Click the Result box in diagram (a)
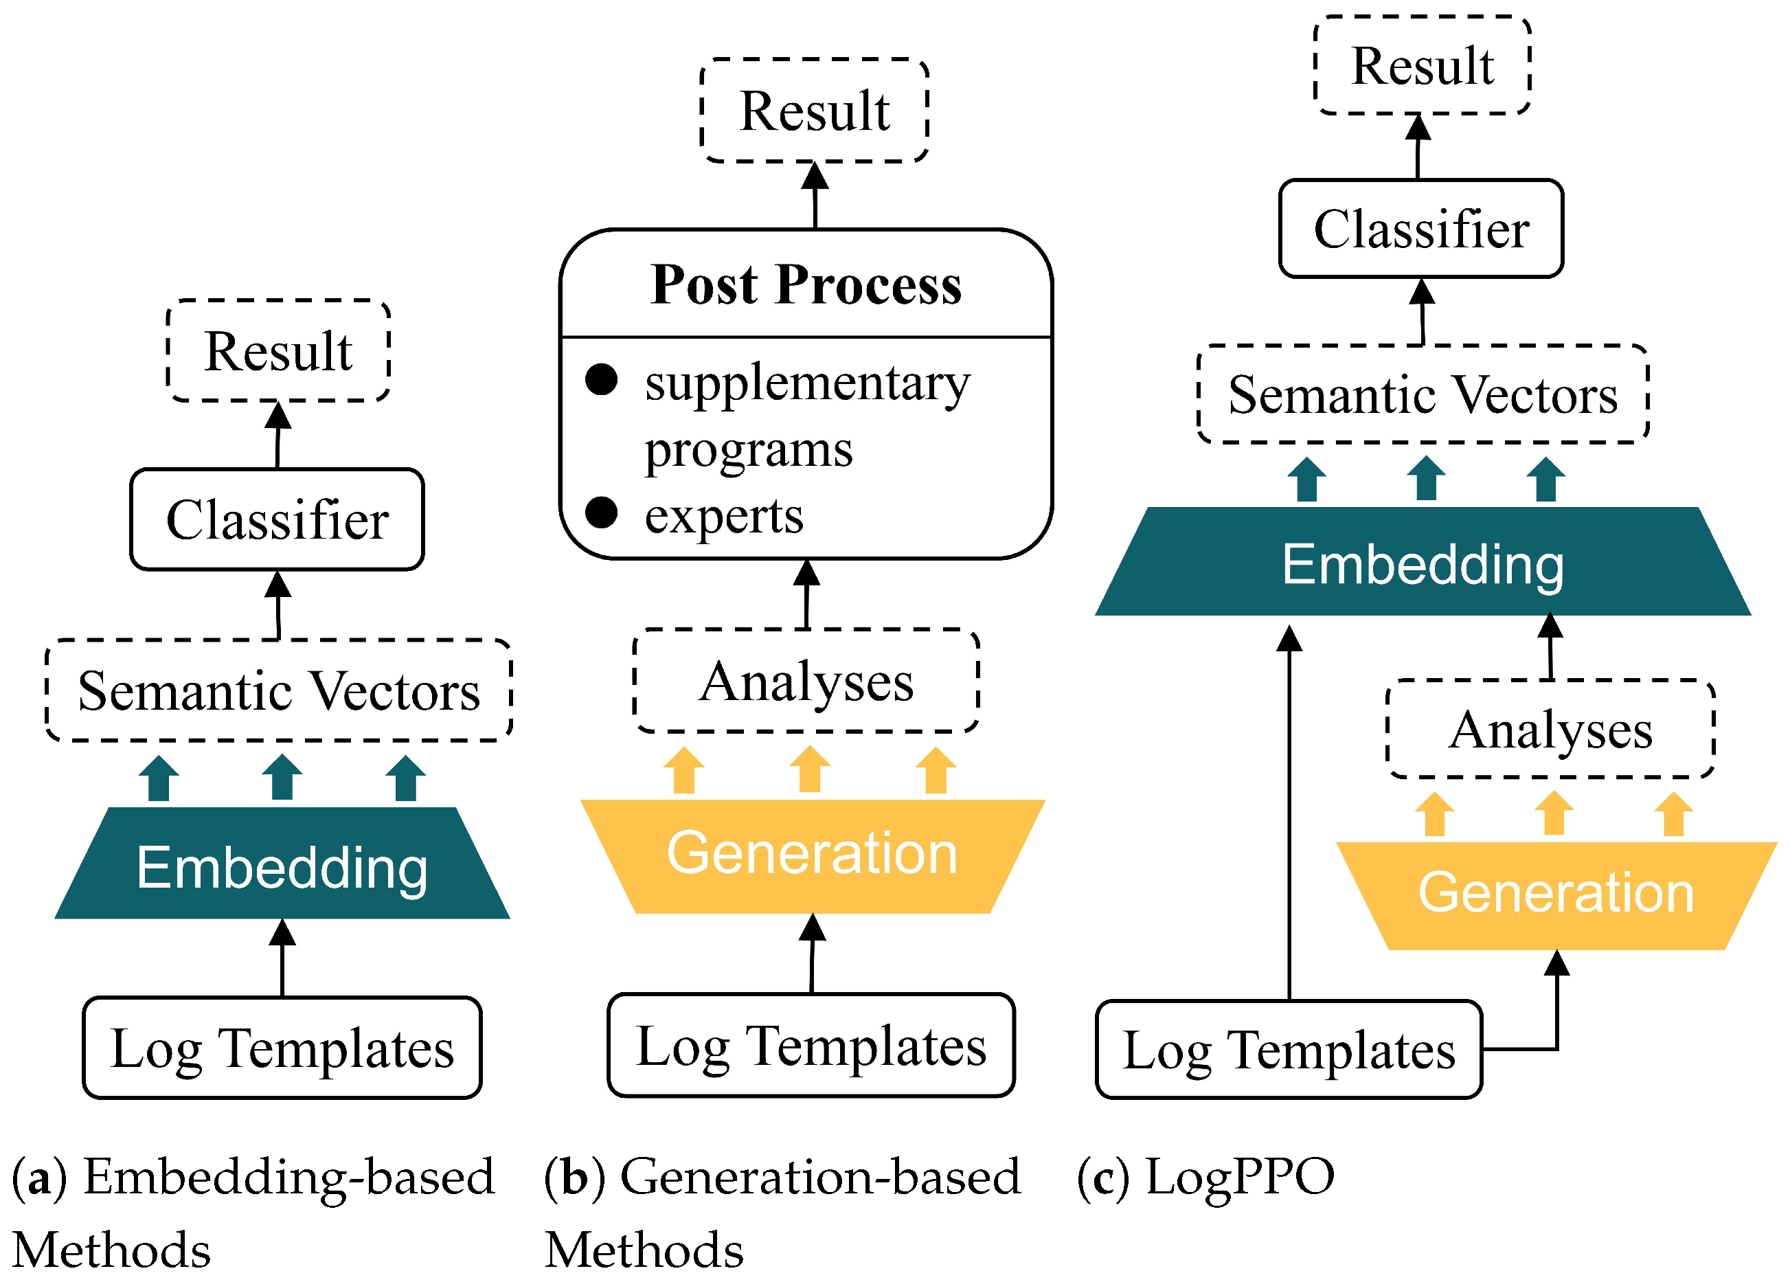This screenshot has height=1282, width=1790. click(277, 350)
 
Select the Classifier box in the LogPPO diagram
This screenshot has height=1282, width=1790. click(1420, 229)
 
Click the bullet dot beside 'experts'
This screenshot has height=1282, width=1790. click(602, 513)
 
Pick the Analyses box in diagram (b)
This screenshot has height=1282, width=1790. click(806, 680)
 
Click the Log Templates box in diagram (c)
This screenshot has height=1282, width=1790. click(1288, 1050)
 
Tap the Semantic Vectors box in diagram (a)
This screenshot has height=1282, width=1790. click(279, 690)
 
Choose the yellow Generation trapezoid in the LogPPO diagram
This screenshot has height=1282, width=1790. click(1555, 894)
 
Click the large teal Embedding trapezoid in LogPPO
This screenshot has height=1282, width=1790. click(1423, 563)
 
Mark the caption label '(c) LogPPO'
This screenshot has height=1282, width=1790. click(1205, 1176)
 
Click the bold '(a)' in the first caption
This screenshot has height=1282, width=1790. click(39, 1176)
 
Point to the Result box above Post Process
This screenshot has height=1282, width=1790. click(814, 111)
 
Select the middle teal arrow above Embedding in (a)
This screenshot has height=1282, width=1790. click(282, 778)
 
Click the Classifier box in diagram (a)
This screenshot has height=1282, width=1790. click(277, 519)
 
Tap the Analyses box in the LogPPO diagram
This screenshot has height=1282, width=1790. click(1550, 730)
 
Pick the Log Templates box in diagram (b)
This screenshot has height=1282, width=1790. click(811, 1046)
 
